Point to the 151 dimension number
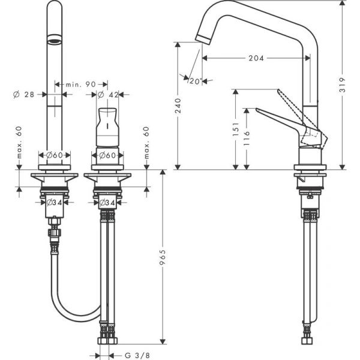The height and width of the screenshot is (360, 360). click(x=236, y=128)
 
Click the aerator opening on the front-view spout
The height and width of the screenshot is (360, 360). click(x=54, y=41)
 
